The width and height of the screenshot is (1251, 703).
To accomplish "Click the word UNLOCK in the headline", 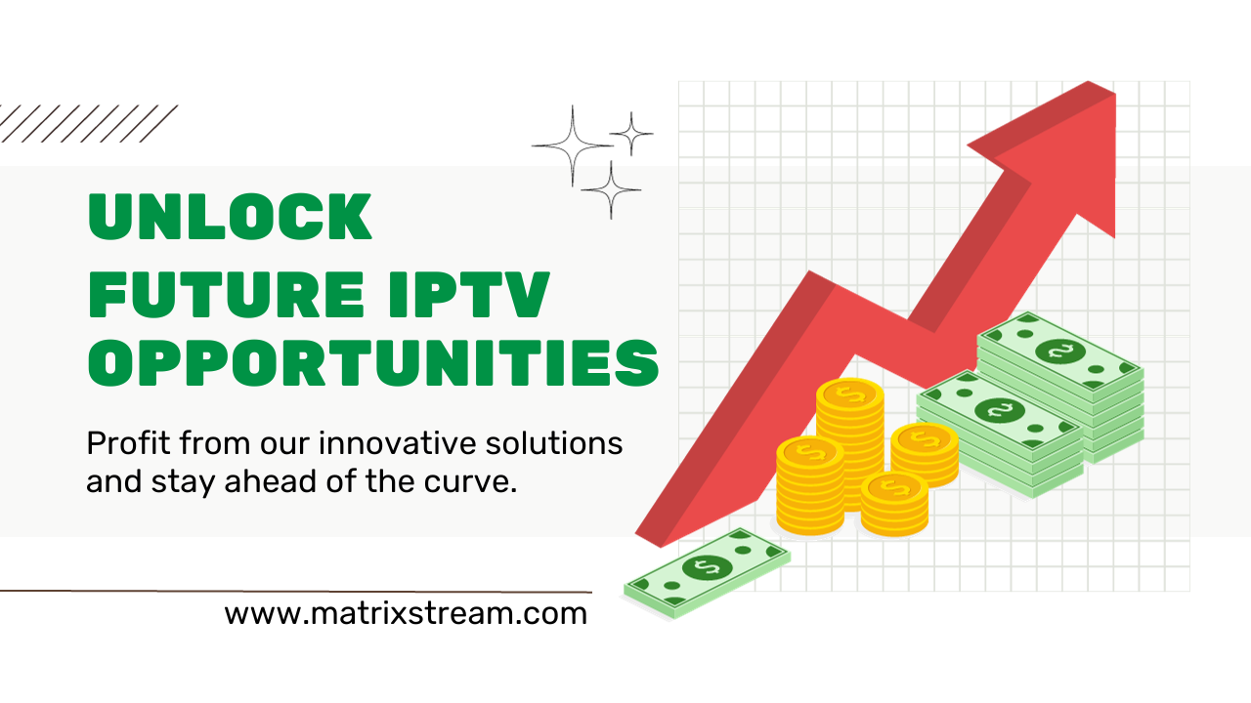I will point(231,217).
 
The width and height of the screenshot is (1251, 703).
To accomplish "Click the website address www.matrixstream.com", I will point(406,614).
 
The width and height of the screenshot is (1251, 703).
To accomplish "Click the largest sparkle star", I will point(573,146).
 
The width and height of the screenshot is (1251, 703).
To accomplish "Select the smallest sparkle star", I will point(631,133).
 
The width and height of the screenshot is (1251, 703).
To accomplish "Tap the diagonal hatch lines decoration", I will point(88,124).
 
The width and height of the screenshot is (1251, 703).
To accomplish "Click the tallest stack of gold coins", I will point(849,430).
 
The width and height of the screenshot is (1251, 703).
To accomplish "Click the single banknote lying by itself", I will point(707,571).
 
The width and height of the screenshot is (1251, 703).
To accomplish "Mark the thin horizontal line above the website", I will point(293,592).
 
